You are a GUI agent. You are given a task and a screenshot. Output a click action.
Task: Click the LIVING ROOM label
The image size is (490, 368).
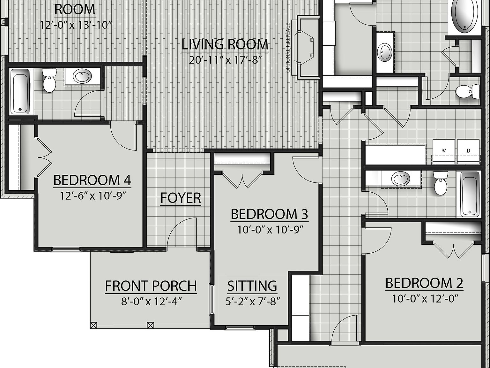(225, 44)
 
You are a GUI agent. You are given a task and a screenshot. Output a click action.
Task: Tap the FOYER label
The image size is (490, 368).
(181, 198)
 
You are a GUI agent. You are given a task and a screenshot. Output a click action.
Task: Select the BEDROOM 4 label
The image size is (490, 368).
(92, 180)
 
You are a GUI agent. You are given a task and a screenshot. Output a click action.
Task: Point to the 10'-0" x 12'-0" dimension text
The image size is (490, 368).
(425, 299)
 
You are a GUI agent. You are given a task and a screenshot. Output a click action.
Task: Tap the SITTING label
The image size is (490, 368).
(252, 286)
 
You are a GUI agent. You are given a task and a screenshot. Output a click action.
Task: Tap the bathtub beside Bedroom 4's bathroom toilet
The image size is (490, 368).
(20, 91)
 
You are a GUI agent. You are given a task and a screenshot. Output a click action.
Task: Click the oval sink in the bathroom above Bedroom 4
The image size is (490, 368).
(82, 76)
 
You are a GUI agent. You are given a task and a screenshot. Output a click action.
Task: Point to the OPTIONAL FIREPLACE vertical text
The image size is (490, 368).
(288, 48)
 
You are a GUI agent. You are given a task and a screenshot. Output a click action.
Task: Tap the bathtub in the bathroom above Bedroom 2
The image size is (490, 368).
(468, 194)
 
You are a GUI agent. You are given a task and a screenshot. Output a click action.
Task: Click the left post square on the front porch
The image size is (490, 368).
(93, 325)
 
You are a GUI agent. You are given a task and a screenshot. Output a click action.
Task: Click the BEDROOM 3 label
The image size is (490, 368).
(269, 214)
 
